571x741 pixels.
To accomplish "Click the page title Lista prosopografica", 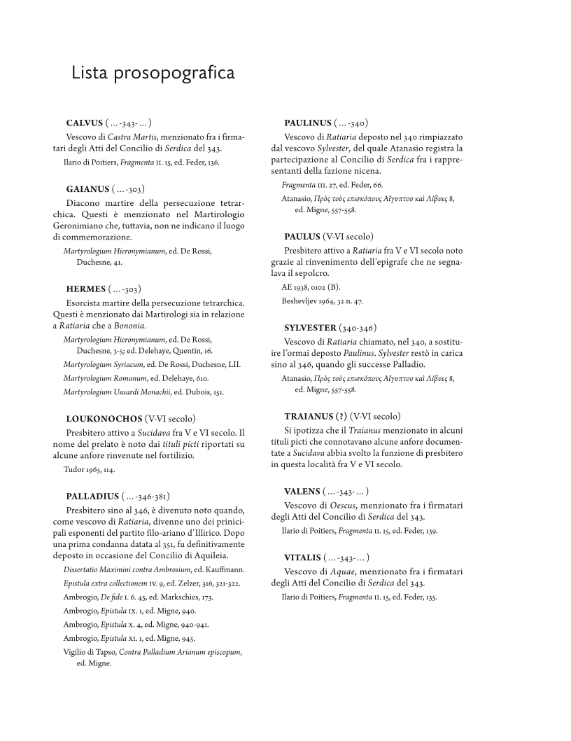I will click(153, 74).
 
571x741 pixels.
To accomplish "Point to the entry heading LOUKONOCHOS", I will click(104, 419).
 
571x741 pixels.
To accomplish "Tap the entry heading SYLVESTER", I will click(310, 327).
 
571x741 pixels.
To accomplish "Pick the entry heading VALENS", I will click(302, 491).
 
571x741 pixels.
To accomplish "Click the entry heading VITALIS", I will click(302, 557).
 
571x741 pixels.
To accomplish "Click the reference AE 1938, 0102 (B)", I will click(311, 287).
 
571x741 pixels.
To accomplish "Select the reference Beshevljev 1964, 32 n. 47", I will click(323, 301).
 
